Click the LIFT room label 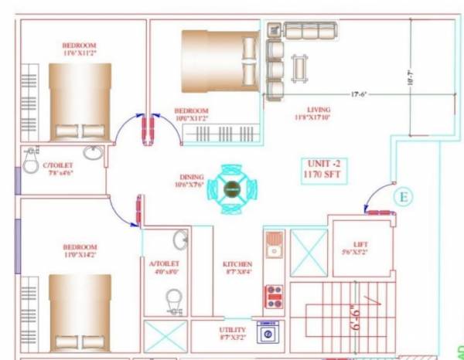point(360,247)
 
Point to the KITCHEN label point(237,267)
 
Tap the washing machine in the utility point(269,332)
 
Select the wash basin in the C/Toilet point(93,153)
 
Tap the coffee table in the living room point(299,66)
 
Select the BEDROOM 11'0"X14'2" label point(79,251)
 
